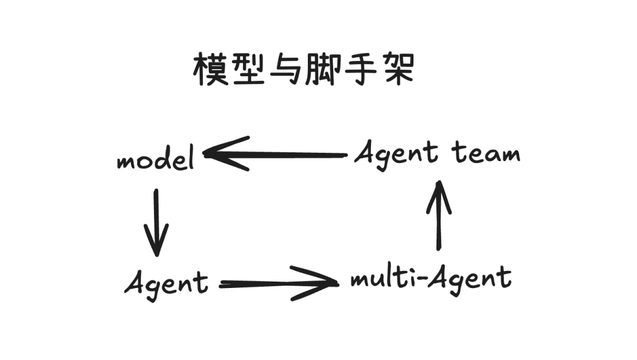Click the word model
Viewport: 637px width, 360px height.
pyautogui.click(x=156, y=159)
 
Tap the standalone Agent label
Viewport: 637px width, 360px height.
pyautogui.click(x=166, y=283)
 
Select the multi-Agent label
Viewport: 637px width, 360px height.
pyautogui.click(x=431, y=277)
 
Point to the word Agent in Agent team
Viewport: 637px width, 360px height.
pyautogui.click(x=396, y=155)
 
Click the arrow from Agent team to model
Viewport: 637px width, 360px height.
pyautogui.click(x=277, y=155)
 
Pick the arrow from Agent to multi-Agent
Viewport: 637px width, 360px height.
pyautogui.click(x=277, y=284)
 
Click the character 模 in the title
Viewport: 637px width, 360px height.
pyautogui.click(x=211, y=70)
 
